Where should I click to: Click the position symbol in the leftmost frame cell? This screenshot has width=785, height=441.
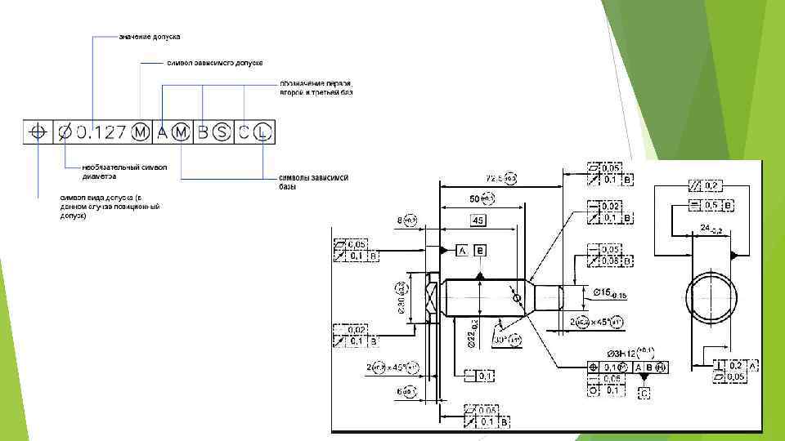37,131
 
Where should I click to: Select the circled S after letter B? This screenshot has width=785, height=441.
220,131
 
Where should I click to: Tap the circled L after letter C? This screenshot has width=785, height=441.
262,131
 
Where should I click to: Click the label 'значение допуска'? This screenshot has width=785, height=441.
149,37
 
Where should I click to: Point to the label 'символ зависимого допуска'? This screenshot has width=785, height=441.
214,63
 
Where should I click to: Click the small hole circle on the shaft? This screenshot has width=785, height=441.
517,299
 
